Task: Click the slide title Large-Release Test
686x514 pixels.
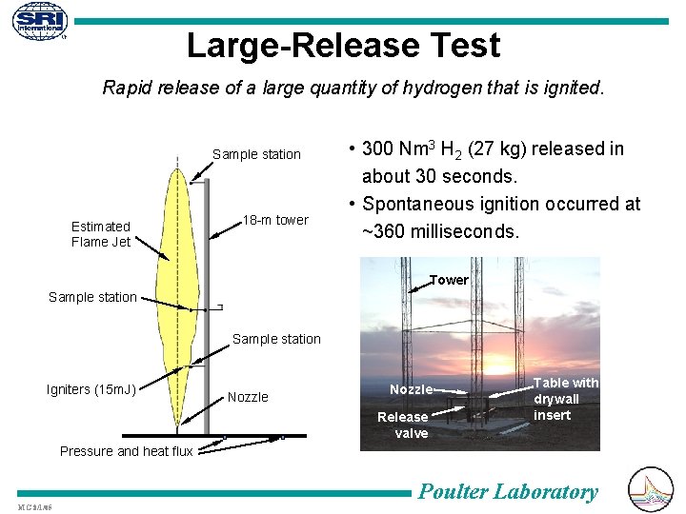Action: tap(343, 45)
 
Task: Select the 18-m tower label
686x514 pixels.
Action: tap(275, 220)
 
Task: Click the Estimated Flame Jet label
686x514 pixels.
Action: tap(101, 234)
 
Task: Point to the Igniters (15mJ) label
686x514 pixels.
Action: tap(91, 388)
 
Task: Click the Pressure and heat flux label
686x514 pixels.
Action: tap(127, 451)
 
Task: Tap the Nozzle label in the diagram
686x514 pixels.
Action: tap(248, 397)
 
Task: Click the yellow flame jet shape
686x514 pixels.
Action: tap(177, 286)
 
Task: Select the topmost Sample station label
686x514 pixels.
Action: tap(256, 154)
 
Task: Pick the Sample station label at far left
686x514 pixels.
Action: tap(92, 297)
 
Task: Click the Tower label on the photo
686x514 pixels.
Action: tap(449, 280)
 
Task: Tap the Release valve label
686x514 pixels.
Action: tap(403, 425)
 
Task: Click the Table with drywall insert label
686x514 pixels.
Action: tap(566, 399)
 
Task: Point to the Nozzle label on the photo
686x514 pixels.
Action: tap(412, 389)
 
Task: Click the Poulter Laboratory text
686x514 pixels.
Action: tap(509, 492)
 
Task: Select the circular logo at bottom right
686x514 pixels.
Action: tap(652, 488)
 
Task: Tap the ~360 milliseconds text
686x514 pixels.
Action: tap(441, 230)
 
